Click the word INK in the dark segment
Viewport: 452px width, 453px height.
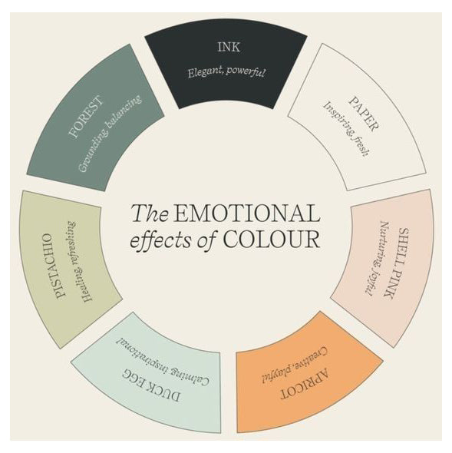click(x=229, y=47)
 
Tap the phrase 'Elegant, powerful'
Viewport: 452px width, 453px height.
click(x=226, y=72)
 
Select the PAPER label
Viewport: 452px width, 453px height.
click(x=364, y=114)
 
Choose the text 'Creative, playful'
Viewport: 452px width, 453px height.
click(x=295, y=365)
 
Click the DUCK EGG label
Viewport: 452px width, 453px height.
click(x=151, y=385)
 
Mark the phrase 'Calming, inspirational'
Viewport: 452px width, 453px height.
click(x=163, y=361)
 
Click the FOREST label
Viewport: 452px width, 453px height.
click(x=86, y=117)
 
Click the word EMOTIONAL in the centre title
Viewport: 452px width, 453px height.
click(x=246, y=213)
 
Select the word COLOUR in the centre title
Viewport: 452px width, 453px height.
click(x=272, y=239)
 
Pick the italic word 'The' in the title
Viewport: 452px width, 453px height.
click(x=150, y=213)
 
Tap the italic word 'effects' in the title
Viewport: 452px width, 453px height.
click(x=160, y=240)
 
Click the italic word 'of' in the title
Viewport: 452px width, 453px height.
click(x=207, y=240)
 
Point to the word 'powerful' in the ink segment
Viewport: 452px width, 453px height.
click(x=246, y=71)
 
